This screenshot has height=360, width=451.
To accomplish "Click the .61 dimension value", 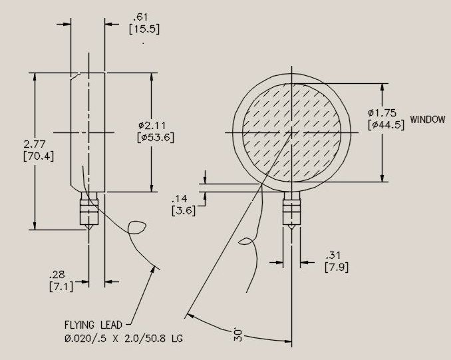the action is pyautogui.click(x=140, y=17).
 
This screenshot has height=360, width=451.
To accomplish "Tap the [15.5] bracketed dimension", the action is pyautogui.click(x=144, y=29).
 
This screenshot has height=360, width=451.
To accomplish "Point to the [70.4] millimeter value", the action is pyautogui.click(x=39, y=156).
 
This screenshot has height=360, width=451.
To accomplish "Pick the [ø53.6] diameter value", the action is pyautogui.click(x=156, y=138).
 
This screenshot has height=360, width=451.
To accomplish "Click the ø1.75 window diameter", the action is pyautogui.click(x=382, y=112).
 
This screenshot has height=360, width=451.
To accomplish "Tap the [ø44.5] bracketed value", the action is pyautogui.click(x=386, y=125).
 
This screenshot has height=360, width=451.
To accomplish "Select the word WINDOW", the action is pyautogui.click(x=428, y=119).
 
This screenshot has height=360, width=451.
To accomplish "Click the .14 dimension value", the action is pyautogui.click(x=180, y=198).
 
